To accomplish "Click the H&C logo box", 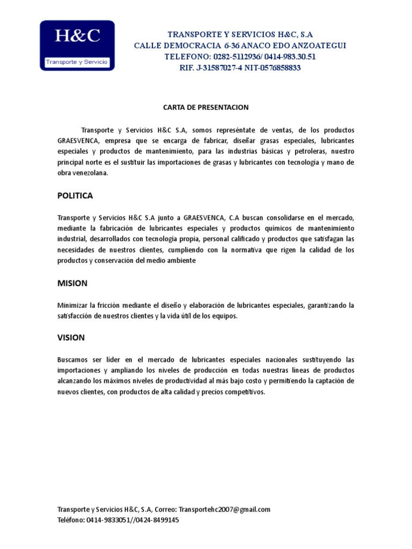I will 78,45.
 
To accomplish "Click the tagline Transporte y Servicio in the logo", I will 77,62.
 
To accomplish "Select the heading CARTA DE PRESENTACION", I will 206,107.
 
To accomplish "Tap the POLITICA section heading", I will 75,196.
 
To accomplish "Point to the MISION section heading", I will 72,283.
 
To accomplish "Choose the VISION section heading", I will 71,337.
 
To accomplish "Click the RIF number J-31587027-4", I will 212,68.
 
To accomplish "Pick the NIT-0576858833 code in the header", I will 273,68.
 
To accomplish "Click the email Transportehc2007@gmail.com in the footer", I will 225,509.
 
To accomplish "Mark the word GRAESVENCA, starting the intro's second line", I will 78,140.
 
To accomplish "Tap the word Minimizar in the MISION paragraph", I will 72,305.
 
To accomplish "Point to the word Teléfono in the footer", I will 70,520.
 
